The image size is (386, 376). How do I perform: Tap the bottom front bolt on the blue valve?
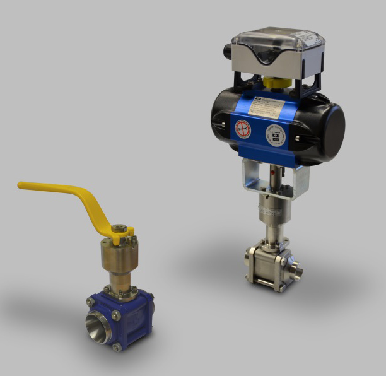tap(117, 347)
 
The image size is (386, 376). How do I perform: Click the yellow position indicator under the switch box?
tap(274, 82)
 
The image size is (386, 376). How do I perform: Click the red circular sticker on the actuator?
tap(243, 130)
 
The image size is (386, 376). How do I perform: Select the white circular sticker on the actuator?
tap(274, 138)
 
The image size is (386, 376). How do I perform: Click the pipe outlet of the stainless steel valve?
tap(298, 272)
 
